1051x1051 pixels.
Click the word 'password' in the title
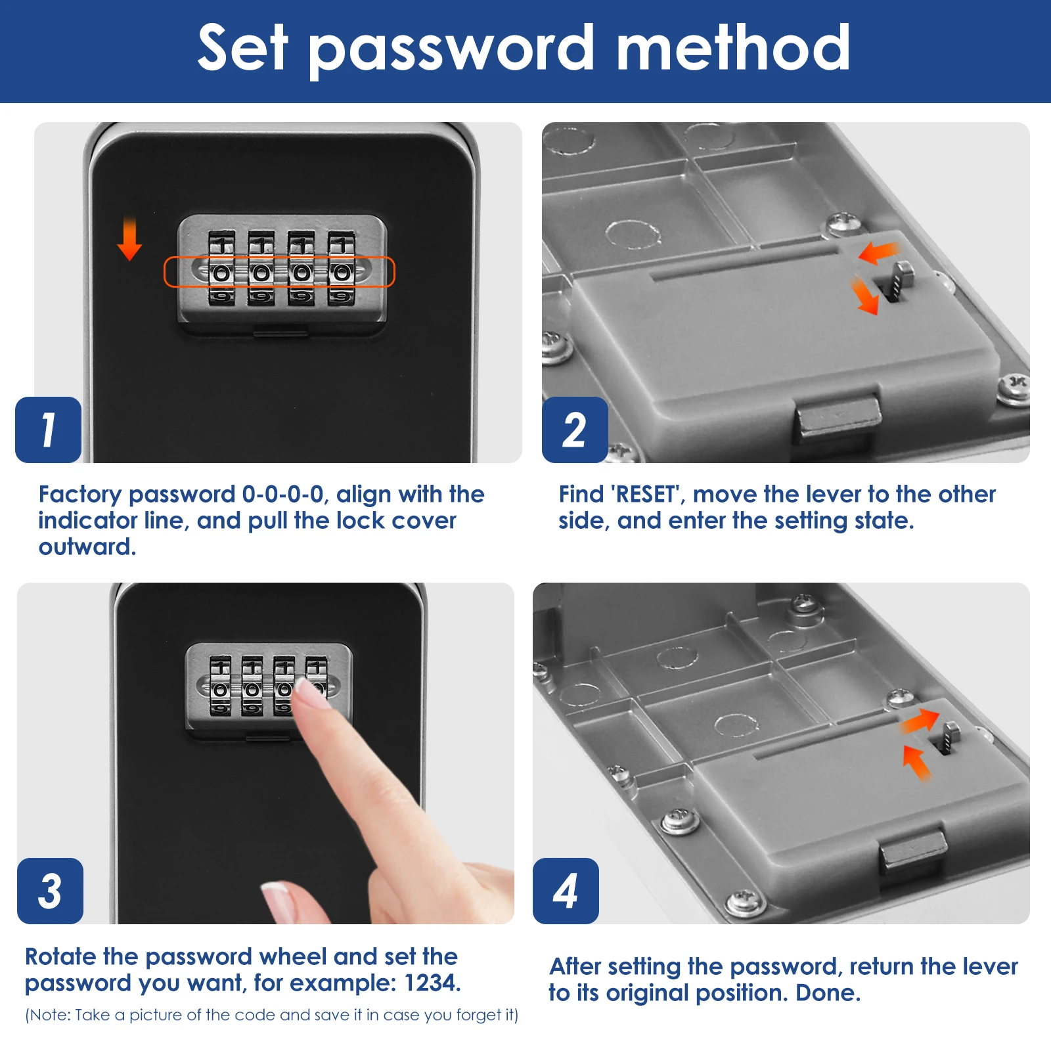(451, 50)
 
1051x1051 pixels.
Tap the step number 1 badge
(48, 430)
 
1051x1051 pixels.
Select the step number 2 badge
(575, 430)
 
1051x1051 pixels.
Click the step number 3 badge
(50, 891)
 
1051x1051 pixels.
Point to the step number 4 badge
(566, 891)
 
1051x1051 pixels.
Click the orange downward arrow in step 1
(129, 238)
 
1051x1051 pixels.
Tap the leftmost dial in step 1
(222, 268)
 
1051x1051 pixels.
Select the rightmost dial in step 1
(342, 268)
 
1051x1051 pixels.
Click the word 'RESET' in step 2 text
(646, 494)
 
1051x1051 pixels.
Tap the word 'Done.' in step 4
(828, 993)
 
